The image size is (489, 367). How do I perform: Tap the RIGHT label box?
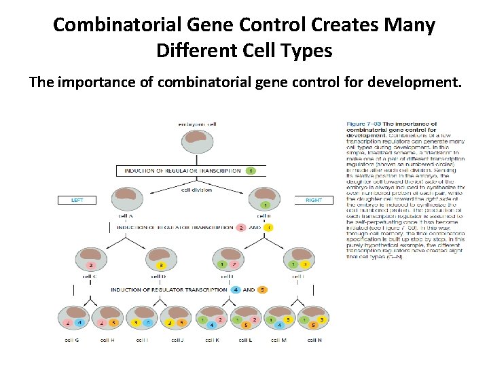(313, 200)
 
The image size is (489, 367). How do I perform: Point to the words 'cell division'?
(196, 190)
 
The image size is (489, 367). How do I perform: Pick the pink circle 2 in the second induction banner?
(240, 228)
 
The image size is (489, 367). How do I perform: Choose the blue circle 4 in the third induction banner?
(235, 290)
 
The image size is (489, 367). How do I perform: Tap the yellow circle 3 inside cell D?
(160, 264)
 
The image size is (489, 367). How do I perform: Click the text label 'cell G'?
(71, 339)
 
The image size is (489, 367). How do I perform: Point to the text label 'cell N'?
(315, 339)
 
